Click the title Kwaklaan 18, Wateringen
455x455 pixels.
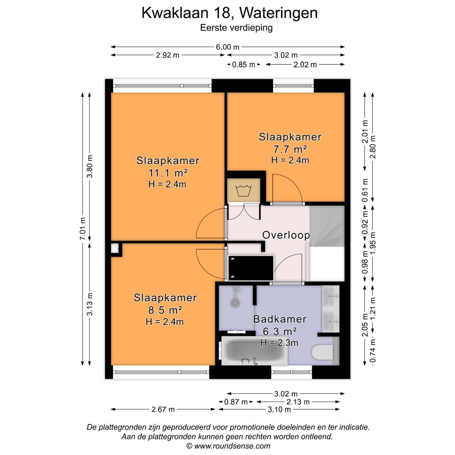229,13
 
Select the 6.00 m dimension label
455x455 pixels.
228,47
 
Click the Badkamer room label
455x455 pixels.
280,319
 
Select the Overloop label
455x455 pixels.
286,235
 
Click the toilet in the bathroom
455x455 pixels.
323,352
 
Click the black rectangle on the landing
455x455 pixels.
251,268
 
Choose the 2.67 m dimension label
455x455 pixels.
163,409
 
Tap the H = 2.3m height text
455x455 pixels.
279,343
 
